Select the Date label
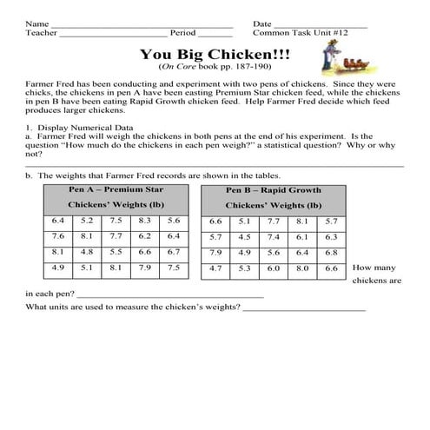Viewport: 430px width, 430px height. point(261,23)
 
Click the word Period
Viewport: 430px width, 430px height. point(182,33)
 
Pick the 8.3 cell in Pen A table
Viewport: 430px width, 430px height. point(144,221)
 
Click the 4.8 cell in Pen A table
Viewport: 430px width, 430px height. point(87,252)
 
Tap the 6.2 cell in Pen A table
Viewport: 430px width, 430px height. point(144,236)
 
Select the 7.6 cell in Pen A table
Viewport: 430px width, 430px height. point(58,236)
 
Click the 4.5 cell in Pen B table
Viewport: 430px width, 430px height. point(244,237)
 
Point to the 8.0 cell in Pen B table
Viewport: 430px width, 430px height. point(301,268)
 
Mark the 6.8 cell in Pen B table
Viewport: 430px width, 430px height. point(330,253)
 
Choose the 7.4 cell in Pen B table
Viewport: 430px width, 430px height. point(273,237)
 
